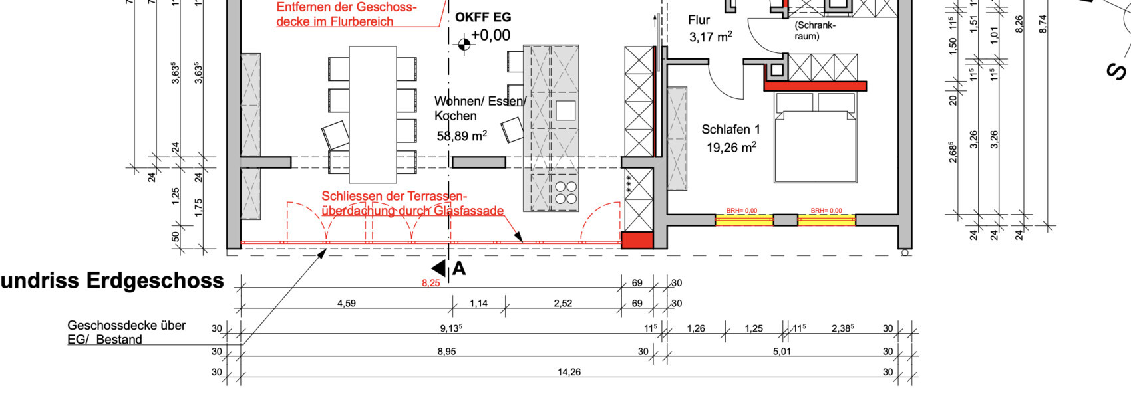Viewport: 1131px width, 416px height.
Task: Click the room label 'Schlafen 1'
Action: pos(730,130)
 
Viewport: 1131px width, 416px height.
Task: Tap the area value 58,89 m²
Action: pos(462,136)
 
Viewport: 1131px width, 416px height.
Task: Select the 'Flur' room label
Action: pos(699,21)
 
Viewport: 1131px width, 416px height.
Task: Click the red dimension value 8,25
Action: pos(430,283)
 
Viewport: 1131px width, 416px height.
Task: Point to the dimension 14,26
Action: pos(569,373)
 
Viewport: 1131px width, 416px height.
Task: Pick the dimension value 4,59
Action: pos(346,304)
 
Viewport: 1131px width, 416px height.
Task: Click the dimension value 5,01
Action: pos(782,352)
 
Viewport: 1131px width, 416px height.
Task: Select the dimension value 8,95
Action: pos(446,352)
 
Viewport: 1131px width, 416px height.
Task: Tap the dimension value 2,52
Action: pos(562,304)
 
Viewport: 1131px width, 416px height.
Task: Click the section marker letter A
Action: pos(458,269)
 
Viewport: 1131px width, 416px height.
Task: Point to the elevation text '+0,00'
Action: pos(490,35)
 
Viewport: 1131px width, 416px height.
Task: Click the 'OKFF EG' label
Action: pos(483,18)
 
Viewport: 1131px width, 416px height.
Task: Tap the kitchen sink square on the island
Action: pos(565,110)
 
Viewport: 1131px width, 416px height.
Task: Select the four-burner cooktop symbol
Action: pos(566,193)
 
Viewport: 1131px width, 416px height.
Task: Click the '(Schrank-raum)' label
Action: pos(814,31)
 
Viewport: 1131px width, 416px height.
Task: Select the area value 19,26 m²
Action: pos(730,148)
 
